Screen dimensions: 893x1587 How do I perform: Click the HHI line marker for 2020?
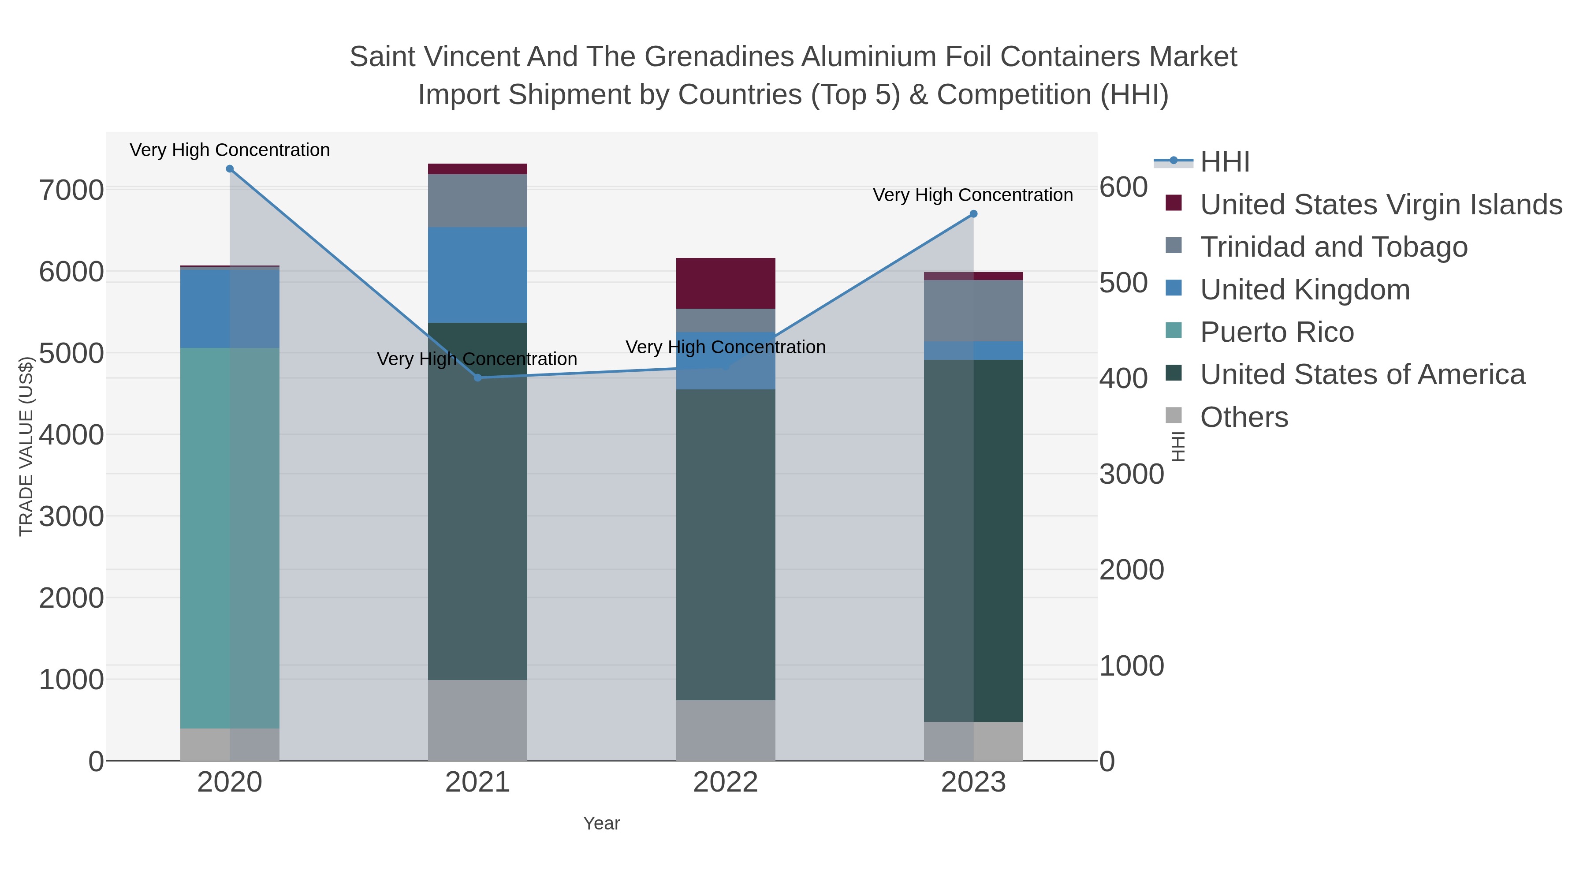click(x=230, y=169)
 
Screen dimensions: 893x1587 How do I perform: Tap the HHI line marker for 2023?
click(x=973, y=214)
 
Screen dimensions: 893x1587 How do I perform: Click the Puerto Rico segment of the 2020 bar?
click(x=230, y=538)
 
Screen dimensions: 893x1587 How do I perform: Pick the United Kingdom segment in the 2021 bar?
click(x=477, y=275)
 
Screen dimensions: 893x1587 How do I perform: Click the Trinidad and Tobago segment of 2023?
click(x=973, y=310)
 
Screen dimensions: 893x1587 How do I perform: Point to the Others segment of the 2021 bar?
click(x=477, y=720)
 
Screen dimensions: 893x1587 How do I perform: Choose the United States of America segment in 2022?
click(x=726, y=544)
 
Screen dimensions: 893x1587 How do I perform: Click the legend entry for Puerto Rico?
click(x=1277, y=332)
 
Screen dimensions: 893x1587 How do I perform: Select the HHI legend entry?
click(x=1224, y=162)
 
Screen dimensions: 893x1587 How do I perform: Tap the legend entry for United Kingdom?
click(x=1304, y=290)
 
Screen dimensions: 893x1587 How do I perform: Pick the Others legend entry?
click(x=1243, y=417)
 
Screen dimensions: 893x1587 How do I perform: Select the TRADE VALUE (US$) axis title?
click(x=26, y=446)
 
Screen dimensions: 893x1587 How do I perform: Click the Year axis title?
click(x=601, y=823)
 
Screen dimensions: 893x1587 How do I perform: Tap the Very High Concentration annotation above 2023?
click(x=973, y=195)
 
